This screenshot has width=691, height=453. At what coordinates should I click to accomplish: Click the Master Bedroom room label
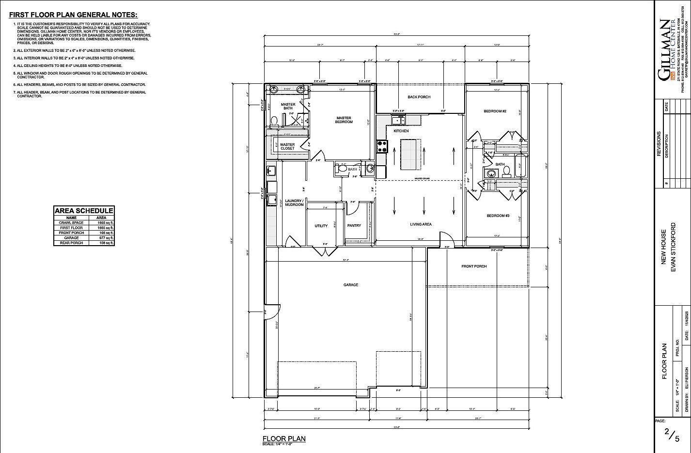click(x=345, y=120)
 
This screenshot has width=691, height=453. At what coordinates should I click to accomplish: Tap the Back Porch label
click(x=419, y=97)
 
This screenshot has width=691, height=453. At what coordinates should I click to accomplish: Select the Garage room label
click(x=351, y=285)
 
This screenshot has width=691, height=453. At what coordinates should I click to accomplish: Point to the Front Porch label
click(x=474, y=266)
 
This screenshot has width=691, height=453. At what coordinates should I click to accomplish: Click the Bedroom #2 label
click(x=495, y=111)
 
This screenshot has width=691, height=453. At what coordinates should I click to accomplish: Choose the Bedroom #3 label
click(x=498, y=216)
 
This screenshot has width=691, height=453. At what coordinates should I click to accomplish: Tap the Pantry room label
click(x=354, y=226)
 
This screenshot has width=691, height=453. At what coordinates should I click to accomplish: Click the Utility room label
click(x=321, y=226)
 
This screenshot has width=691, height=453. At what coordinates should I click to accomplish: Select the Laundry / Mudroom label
click(x=294, y=203)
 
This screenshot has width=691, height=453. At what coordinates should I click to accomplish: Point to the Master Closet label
click(x=287, y=146)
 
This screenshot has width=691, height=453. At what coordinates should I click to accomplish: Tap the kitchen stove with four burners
click(x=382, y=144)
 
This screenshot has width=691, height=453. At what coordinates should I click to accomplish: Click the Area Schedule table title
click(x=84, y=211)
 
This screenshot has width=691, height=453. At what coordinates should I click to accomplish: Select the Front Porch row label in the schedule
click(x=71, y=233)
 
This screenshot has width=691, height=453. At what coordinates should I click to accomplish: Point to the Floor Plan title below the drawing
click(x=284, y=438)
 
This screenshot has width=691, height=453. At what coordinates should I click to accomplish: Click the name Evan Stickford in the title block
click(x=673, y=254)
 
